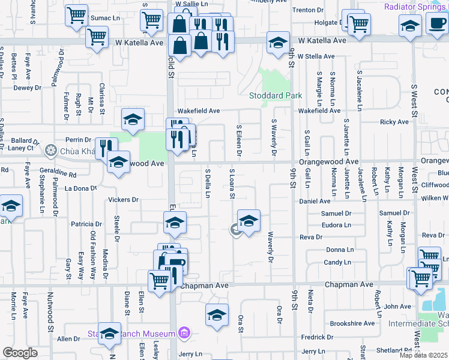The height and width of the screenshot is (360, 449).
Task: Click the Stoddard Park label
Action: tap(276, 95)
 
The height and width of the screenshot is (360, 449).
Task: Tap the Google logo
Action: tap(20, 353)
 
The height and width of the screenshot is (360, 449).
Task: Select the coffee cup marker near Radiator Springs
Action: tap(436, 24)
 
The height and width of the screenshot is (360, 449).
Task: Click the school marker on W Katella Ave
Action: tap(278, 43)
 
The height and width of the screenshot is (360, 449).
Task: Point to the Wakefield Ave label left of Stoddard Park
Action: tap(199, 111)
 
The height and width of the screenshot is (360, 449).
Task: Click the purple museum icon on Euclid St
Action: tap(184, 333)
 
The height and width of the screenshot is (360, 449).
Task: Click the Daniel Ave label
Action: tap(315, 201)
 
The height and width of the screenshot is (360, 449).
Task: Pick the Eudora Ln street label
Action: tap(337, 225)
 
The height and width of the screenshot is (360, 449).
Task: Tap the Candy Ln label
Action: tap(337, 262)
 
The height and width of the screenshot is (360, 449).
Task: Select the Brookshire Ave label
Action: tap(352, 323)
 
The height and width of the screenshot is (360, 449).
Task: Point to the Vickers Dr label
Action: tap(123, 200)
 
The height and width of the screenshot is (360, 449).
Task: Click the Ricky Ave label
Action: tap(394, 122)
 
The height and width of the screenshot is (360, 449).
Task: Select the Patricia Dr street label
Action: tap(82, 224)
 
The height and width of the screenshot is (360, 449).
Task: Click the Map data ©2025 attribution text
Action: tap(424, 355)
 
